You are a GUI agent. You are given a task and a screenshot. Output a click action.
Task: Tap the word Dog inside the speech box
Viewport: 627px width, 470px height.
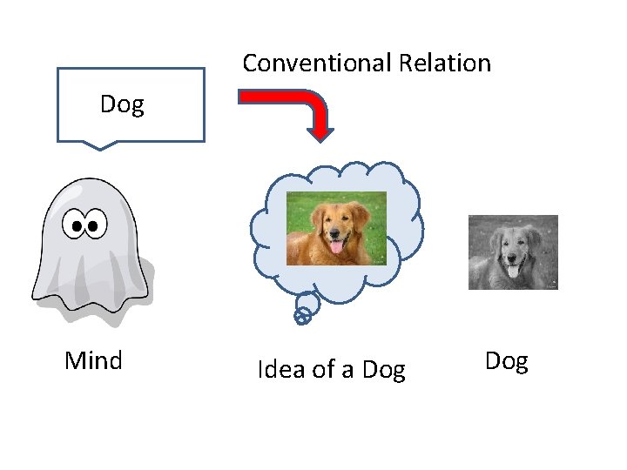click(122, 105)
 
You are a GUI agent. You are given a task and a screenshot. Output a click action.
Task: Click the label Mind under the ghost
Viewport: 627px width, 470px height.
click(93, 360)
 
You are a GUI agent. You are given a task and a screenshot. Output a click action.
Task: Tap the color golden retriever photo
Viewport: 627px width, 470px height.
click(336, 228)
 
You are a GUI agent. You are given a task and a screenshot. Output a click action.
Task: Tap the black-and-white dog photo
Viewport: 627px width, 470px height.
click(513, 252)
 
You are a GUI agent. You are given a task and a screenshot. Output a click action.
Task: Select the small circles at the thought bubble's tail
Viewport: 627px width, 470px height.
click(303, 314)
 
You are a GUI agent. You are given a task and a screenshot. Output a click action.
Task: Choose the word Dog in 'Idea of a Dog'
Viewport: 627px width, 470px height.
click(384, 370)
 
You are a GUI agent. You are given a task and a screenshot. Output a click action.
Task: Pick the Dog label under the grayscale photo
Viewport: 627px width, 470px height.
click(507, 361)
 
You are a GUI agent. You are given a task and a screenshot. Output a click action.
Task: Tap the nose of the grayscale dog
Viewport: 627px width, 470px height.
click(513, 258)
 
